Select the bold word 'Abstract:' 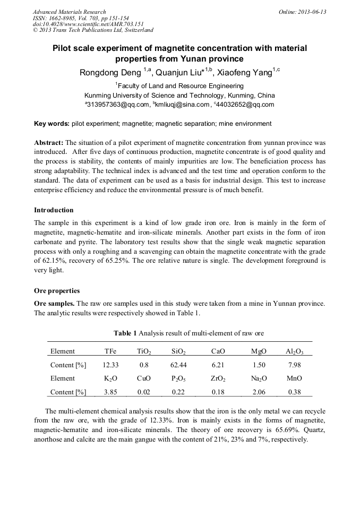pos(49,143)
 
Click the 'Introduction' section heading pos(54,210)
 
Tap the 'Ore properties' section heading pos(57,291)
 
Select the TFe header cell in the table pos(110,351)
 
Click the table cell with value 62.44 pos(178,365)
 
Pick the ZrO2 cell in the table pos(218,379)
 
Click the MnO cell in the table pos(294,379)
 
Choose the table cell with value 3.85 pos(110,392)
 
